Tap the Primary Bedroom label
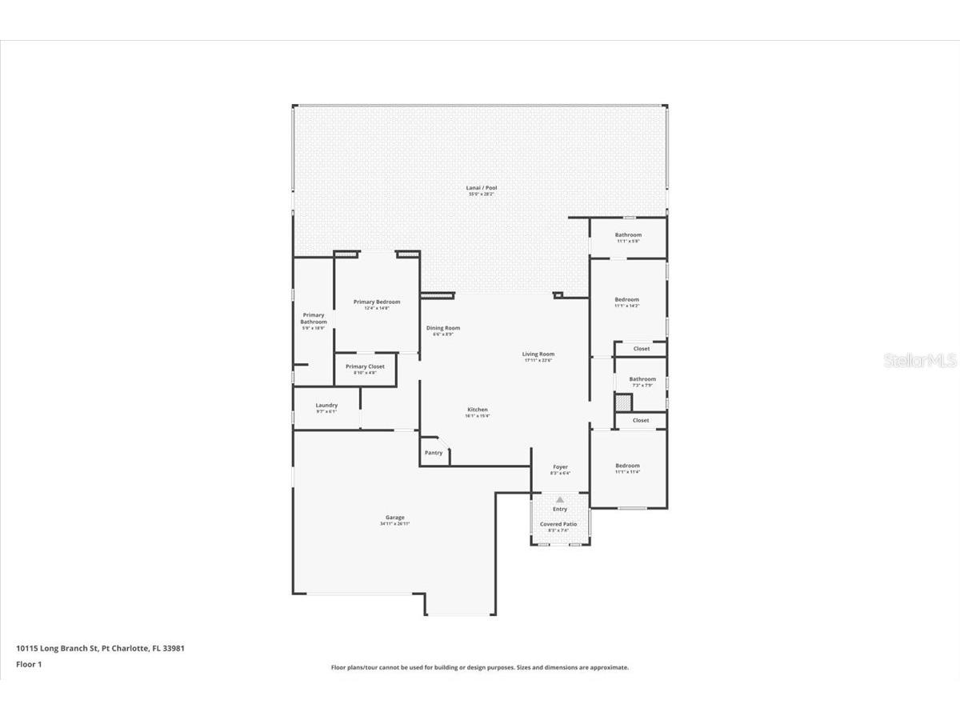pos(377,302)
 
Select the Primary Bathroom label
pos(314,318)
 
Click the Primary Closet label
pos(365,367)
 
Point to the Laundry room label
pos(326,406)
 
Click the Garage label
pos(395,518)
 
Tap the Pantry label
pos(434,453)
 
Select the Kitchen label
pos(478,410)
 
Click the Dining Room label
pos(442,328)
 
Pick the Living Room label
pos(538,354)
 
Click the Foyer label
pos(560,467)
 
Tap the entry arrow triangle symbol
pos(560,499)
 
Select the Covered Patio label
pos(558,525)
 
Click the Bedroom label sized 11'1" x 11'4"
pos(627,466)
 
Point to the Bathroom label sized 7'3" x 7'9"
pos(642,380)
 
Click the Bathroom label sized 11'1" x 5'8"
pos(628,236)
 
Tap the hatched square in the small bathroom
pos(623,402)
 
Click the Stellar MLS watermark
pos(919,361)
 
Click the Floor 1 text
pos(28,664)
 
